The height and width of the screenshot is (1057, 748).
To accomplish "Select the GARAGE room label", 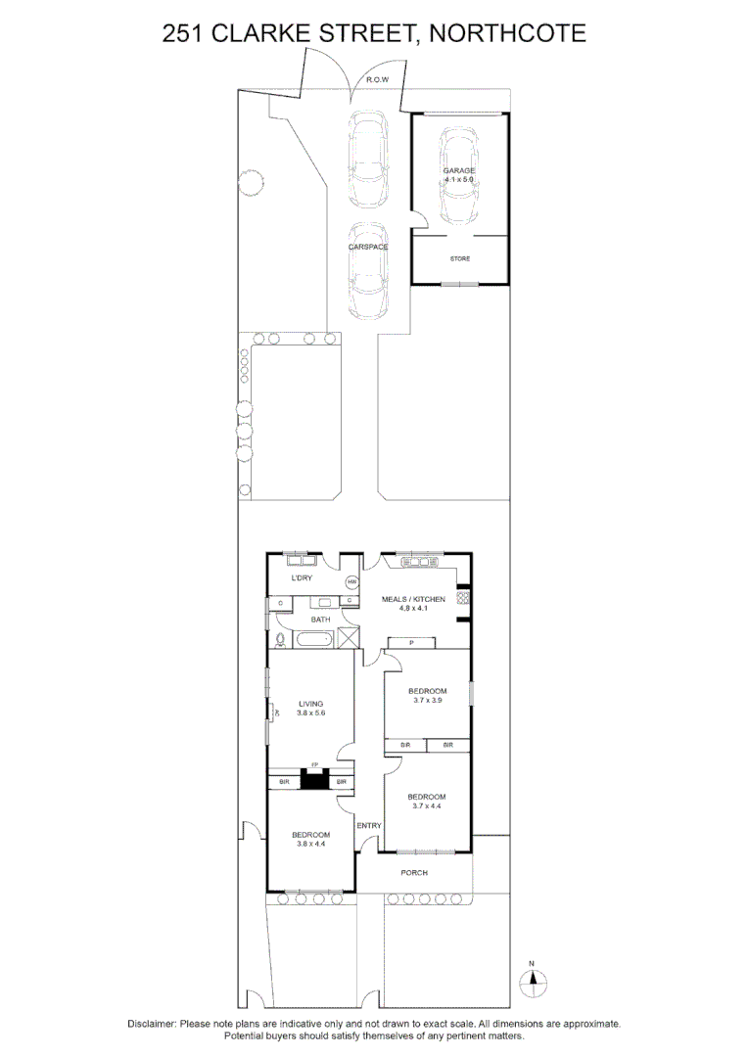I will point(459,170).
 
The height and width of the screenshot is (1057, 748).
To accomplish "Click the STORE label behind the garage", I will point(459,258).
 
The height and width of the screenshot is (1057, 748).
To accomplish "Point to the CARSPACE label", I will point(368,247).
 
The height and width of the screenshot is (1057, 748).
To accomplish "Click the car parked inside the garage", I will point(459,176).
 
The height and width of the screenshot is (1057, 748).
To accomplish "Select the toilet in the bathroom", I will point(281,640).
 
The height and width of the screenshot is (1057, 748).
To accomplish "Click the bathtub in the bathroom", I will point(313,640).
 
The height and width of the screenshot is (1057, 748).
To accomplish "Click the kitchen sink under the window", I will point(417,563).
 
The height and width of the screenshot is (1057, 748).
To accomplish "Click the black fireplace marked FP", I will point(314,780).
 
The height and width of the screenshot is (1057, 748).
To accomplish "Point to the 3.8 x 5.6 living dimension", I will point(310,713).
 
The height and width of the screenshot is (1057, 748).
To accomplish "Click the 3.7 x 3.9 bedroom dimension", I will point(429,701).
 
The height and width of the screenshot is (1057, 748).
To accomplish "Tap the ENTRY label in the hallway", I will point(369,826).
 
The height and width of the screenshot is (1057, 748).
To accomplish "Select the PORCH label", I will point(414,872).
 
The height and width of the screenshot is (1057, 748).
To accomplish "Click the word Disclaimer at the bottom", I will point(152,1024).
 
